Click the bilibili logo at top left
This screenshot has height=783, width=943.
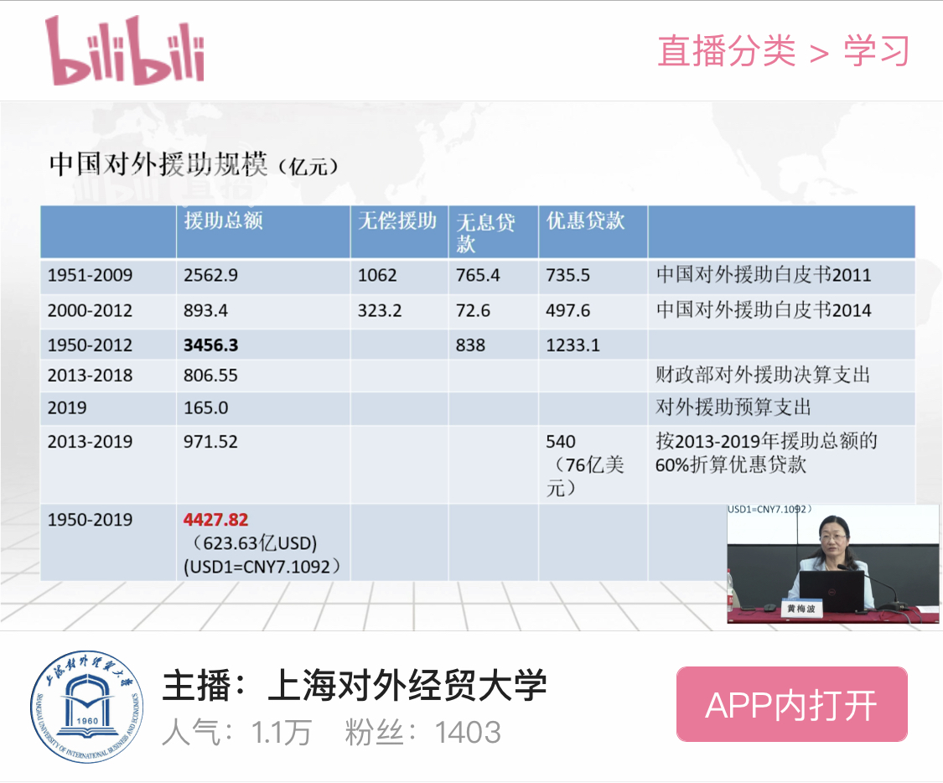[125, 50]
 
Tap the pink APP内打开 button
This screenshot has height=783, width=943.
[791, 704]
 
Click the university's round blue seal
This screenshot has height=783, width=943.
[88, 707]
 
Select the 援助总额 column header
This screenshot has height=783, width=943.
[223, 220]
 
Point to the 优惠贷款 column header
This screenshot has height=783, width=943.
[585, 220]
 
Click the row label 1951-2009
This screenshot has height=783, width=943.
[91, 276]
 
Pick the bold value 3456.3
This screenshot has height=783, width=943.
[210, 345]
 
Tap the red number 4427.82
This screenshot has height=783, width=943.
[216, 520]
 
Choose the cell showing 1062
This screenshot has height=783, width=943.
[377, 276]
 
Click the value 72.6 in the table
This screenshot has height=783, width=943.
[473, 310]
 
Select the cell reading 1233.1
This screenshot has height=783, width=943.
[573, 345]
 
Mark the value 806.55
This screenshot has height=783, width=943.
[210, 376]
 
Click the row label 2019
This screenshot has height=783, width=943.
[67, 407]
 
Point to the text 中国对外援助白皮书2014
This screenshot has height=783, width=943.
[764, 310]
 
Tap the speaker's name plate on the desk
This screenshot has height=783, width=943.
[801, 609]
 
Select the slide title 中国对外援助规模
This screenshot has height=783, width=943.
[158, 164]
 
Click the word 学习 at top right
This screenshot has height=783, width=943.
[876, 50]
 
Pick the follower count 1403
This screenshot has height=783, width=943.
[468, 733]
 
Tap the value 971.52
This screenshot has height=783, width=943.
[210, 442]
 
